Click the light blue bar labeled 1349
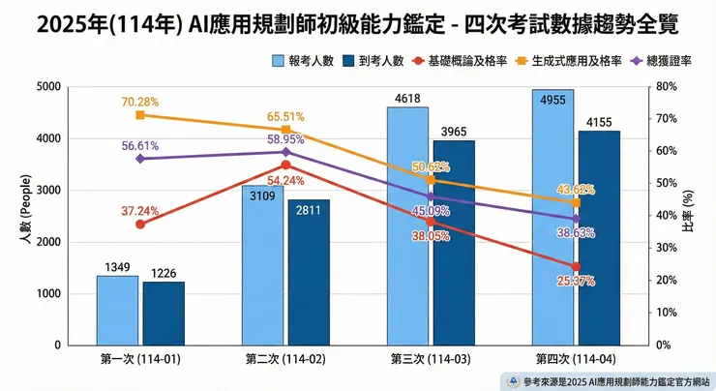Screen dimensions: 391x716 click(118, 310)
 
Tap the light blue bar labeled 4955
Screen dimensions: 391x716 click(552, 217)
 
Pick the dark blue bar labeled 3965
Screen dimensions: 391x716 click(453, 243)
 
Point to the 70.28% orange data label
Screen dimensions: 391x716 click(140, 102)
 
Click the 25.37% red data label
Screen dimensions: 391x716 click(576, 281)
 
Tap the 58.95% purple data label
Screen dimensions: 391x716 click(286, 139)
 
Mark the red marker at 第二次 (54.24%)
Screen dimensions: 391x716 click(285, 165)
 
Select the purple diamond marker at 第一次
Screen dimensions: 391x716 click(140, 158)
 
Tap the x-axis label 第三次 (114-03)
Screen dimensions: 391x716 click(431, 359)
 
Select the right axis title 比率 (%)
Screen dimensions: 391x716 click(700, 215)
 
